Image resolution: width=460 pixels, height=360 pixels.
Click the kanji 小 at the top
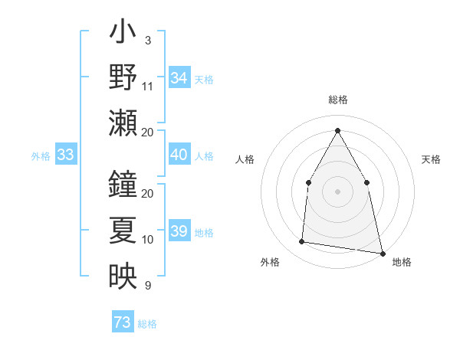(123, 35)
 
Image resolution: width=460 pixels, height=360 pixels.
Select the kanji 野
(123, 77)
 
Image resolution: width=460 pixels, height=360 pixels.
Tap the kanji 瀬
(123, 123)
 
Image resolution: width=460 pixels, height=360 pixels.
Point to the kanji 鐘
(123, 184)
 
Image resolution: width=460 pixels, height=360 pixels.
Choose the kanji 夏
(123, 231)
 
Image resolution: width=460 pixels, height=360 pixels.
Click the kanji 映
(123, 276)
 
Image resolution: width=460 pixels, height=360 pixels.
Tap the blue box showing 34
(179, 78)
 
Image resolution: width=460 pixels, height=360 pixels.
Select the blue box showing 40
(179, 155)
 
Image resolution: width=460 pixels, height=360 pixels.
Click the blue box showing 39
(179, 231)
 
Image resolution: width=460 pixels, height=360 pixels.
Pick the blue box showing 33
(66, 155)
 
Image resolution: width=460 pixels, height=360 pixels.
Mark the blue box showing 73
(123, 322)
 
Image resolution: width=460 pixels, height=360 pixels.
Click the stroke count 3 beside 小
(147, 40)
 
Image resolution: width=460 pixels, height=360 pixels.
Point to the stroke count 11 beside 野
(148, 86)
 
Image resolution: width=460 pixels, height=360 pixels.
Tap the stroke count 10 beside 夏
(148, 240)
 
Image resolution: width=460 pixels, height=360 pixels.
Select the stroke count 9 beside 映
(147, 286)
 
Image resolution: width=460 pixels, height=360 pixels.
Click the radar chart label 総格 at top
(337, 100)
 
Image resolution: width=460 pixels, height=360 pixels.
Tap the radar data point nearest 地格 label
(382, 253)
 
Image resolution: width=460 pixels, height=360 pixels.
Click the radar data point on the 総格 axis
(337, 129)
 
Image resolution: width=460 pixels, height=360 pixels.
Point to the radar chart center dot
(337, 191)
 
